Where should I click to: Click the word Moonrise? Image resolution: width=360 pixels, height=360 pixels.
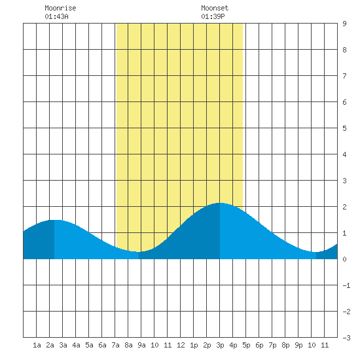click(60, 8)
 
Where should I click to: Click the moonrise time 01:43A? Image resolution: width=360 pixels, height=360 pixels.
click(56, 16)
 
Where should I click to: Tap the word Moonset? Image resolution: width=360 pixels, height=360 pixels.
click(215, 8)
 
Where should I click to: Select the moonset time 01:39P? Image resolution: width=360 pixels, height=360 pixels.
click(213, 16)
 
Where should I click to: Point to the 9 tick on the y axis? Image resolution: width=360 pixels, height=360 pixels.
click(344, 24)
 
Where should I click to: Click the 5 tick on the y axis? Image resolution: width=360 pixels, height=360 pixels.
click(344, 128)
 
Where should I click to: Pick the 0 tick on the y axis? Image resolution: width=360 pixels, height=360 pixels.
click(344, 259)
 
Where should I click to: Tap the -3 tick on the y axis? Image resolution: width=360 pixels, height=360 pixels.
click(346, 338)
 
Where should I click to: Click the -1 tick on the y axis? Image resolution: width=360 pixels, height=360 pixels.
click(346, 285)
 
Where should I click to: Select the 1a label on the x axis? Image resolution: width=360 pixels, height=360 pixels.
click(37, 345)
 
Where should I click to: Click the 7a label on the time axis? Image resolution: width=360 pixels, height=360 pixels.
click(115, 345)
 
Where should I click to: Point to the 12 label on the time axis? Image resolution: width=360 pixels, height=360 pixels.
click(181, 345)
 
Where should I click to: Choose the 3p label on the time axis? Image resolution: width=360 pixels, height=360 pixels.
click(220, 345)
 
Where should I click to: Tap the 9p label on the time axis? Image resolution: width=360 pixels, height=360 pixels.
click(298, 345)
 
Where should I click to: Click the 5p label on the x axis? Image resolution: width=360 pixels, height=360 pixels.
click(246, 345)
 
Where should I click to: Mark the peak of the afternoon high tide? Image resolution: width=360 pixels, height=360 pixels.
click(220, 203)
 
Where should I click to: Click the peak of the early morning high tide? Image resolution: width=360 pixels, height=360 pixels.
click(54, 220)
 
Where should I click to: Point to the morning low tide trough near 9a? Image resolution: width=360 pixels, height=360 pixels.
click(139, 252)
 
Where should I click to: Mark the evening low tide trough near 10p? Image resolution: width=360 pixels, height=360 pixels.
click(316, 252)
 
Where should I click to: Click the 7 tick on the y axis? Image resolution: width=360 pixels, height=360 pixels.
click(344, 76)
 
